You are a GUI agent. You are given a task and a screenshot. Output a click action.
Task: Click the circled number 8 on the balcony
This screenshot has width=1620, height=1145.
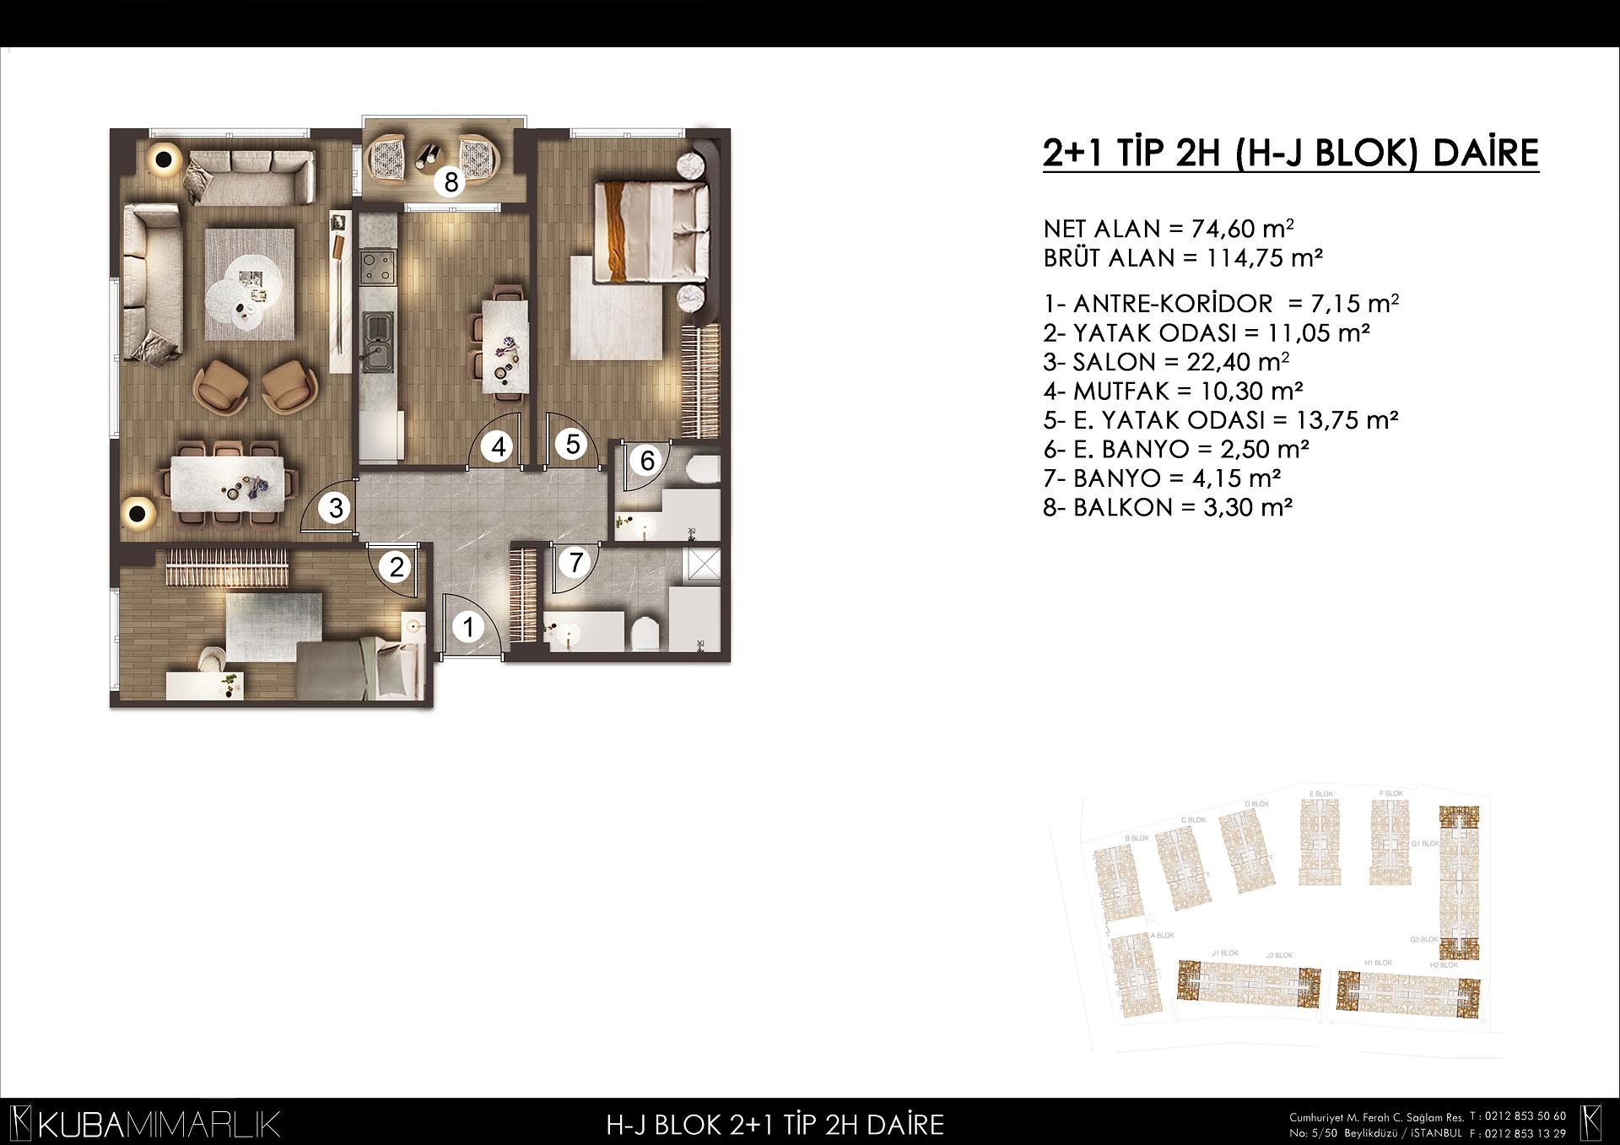[x=451, y=181]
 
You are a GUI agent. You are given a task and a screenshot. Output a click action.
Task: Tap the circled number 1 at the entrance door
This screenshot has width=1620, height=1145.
[x=468, y=627]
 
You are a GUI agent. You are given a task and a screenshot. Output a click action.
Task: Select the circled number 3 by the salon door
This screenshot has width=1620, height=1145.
[x=336, y=509]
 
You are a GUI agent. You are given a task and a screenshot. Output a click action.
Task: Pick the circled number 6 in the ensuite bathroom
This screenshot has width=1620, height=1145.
[x=647, y=461]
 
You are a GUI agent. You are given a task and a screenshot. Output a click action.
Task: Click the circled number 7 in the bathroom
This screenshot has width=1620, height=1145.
[x=575, y=562]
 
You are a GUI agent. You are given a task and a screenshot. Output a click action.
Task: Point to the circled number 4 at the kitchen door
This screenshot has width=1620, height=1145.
[x=499, y=446]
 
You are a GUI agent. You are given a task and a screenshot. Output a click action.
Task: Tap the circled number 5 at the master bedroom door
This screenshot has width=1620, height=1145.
[x=572, y=444]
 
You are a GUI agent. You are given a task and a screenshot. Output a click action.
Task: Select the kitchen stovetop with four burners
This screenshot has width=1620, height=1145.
[x=376, y=267]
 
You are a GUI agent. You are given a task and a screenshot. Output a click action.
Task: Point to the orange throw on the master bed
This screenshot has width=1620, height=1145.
[x=620, y=229]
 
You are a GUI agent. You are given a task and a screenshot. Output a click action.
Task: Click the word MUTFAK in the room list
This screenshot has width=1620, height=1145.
[x=1121, y=391]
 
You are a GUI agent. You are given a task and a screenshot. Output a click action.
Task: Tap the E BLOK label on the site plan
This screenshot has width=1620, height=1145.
[x=1320, y=794]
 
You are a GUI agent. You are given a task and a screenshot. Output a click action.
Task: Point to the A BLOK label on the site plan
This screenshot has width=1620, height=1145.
[x=1162, y=935]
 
